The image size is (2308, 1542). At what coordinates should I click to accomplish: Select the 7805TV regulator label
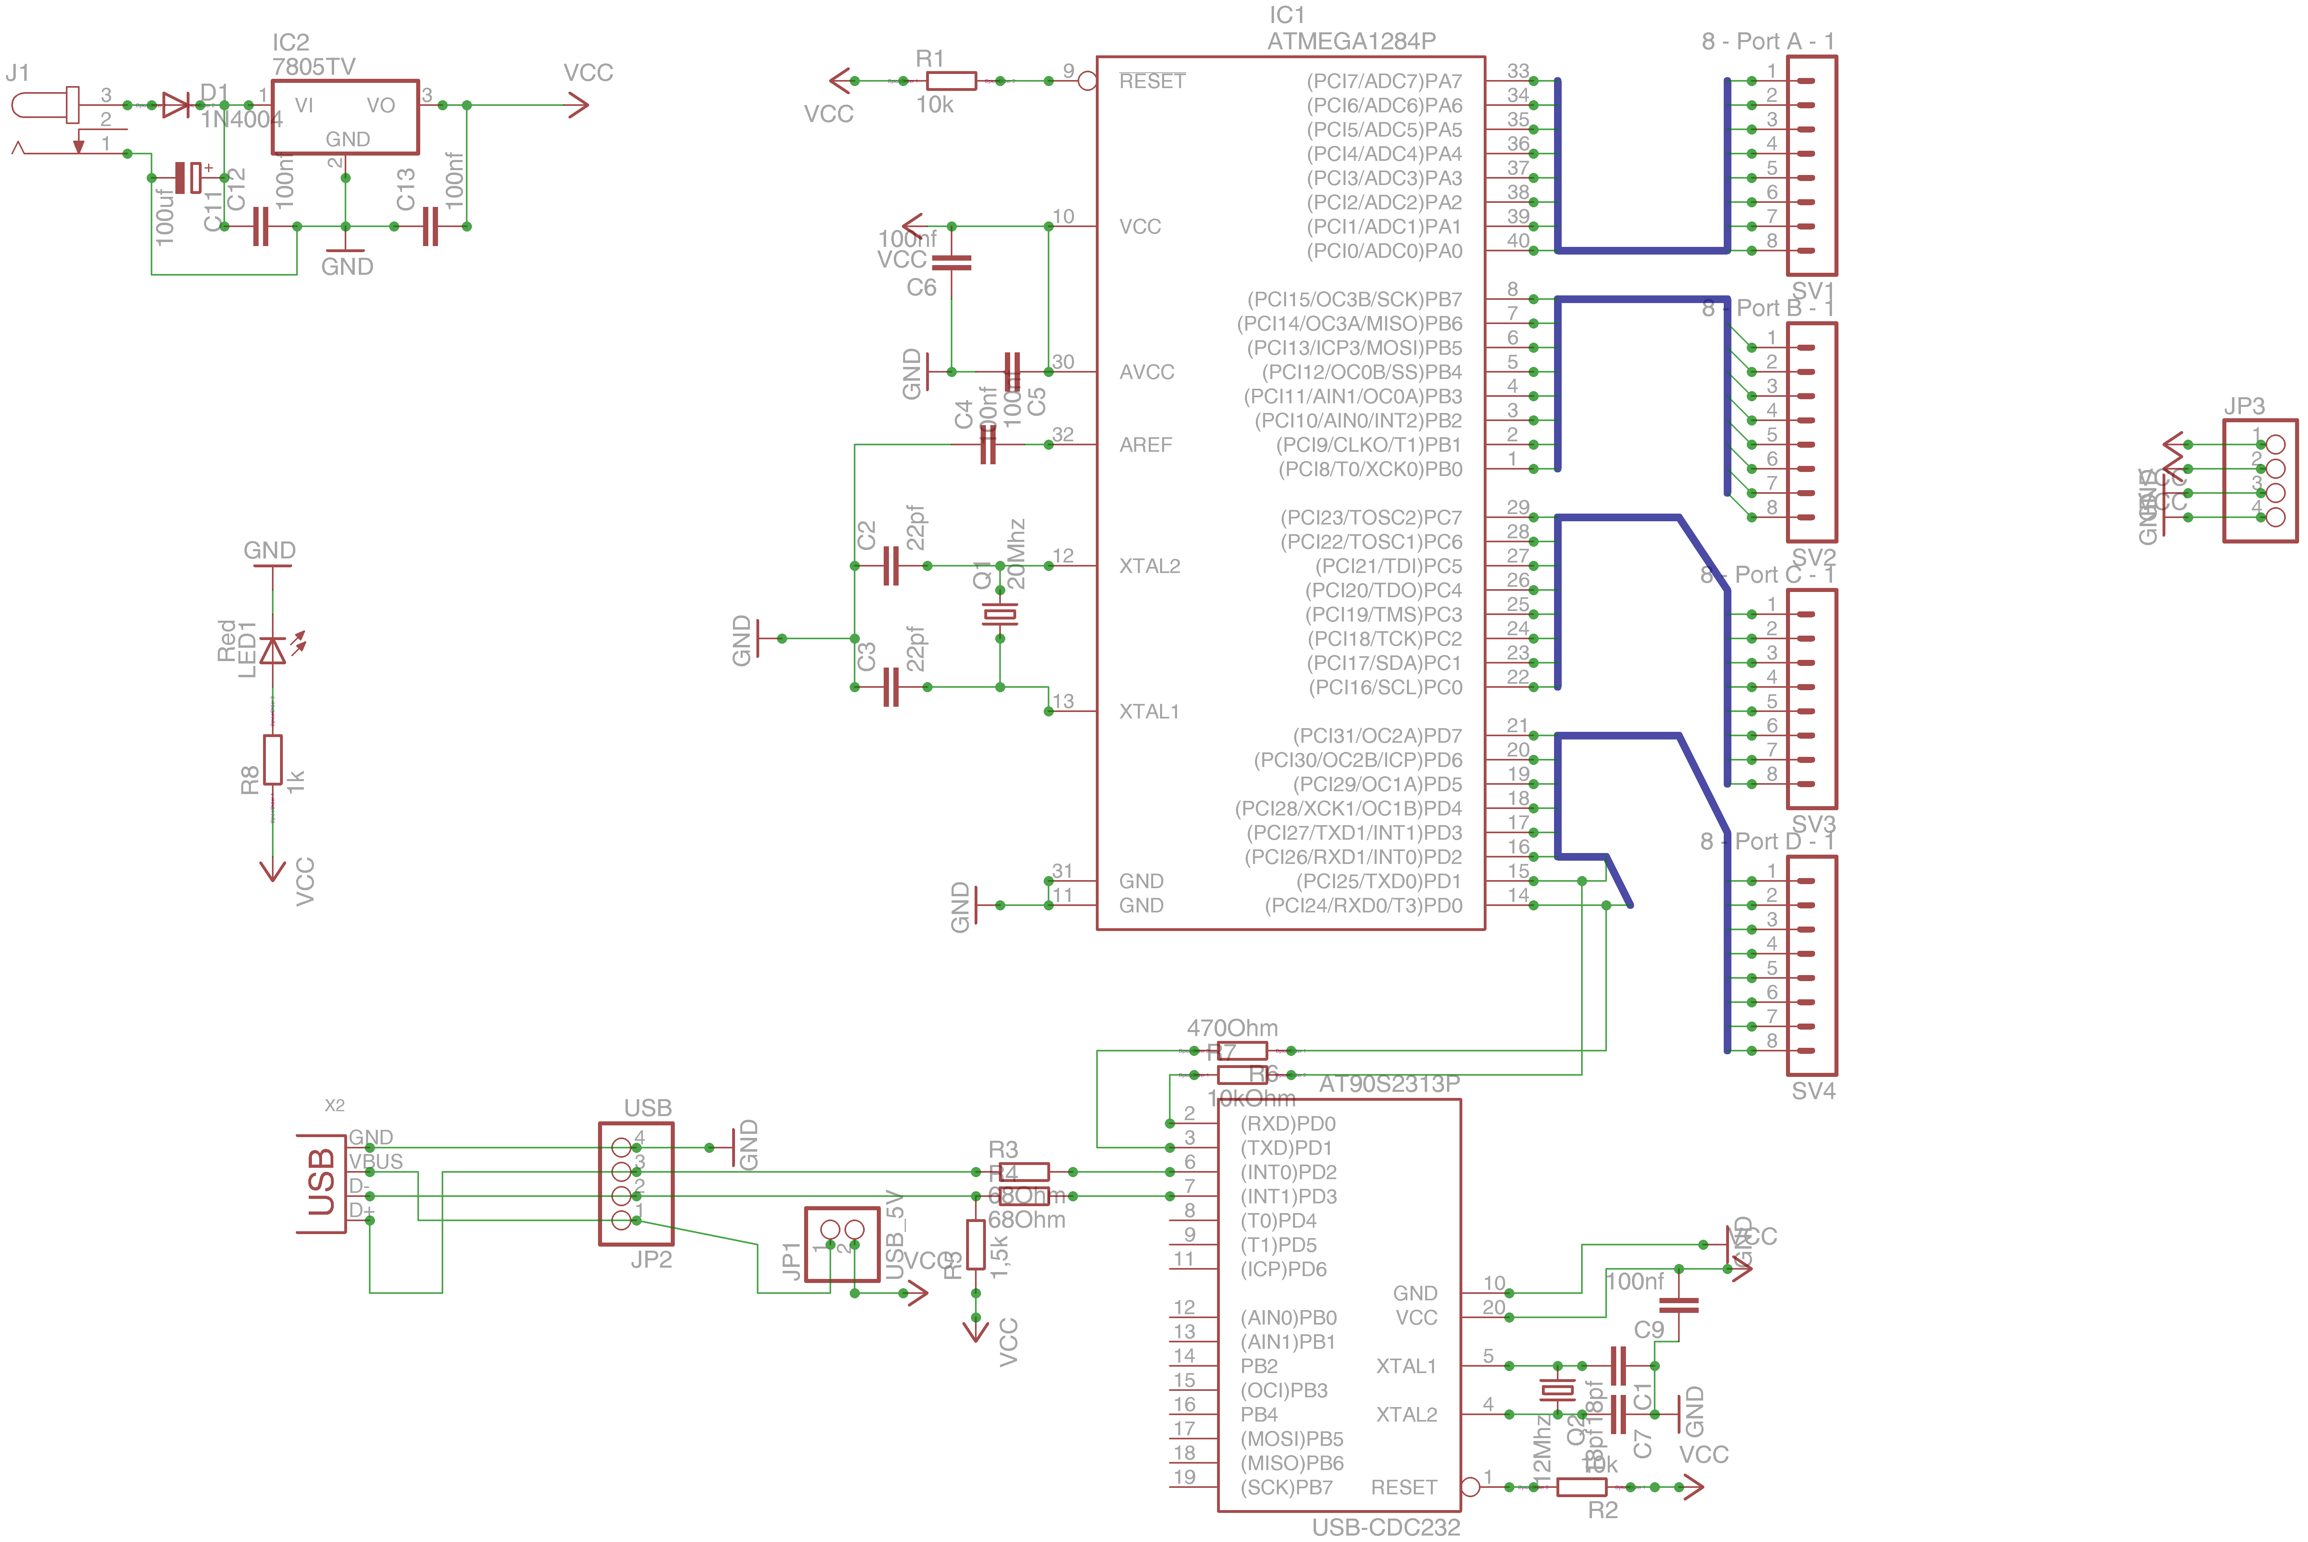tap(314, 67)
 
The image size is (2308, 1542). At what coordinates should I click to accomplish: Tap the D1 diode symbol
tap(176, 104)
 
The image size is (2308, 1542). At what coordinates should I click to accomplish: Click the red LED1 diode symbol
tap(274, 650)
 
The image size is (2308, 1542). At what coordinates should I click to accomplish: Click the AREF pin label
tap(1146, 445)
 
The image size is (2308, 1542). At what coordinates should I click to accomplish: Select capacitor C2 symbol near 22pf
tap(891, 567)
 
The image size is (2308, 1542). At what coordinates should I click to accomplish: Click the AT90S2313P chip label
tap(1388, 1084)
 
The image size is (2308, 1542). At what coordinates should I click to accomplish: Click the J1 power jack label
tap(18, 73)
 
